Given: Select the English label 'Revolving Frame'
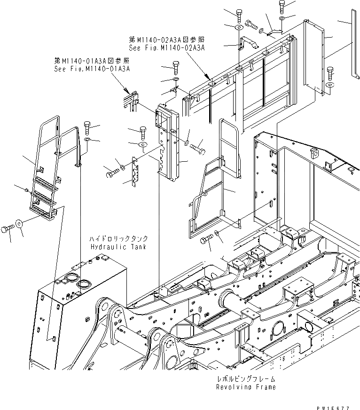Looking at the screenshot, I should point(246,387).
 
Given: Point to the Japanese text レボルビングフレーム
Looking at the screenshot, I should point(246,378).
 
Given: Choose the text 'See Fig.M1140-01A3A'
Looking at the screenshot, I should point(92,69).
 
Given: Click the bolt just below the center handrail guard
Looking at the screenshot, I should point(206,240).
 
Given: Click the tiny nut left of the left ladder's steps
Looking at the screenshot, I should point(27,189).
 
